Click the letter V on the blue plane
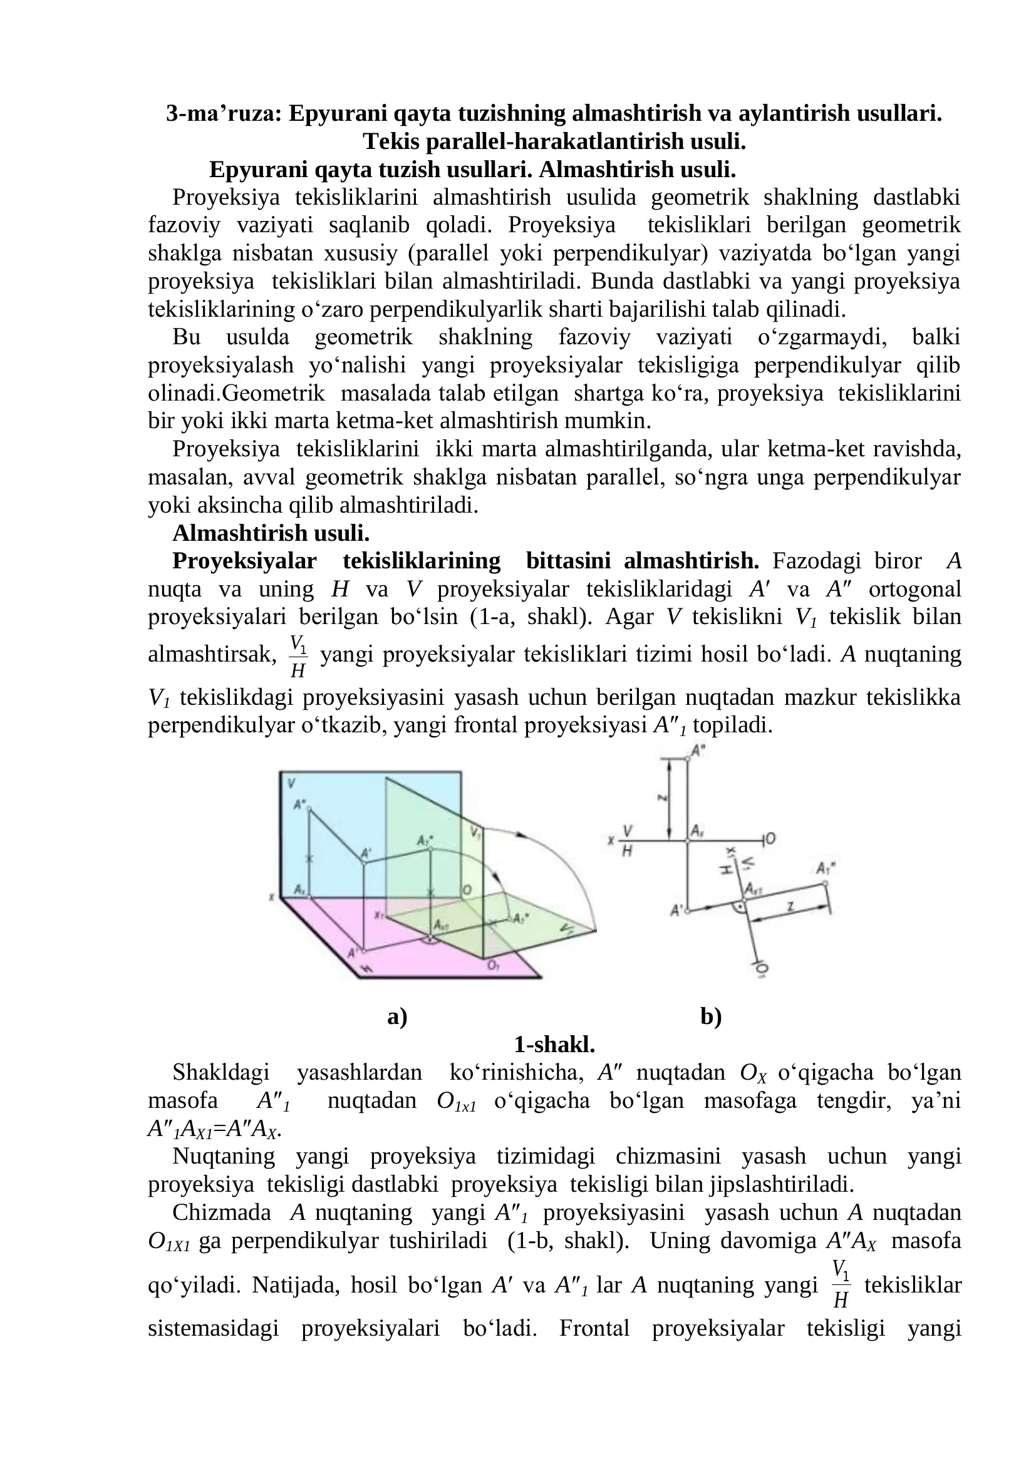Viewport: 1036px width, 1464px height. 291,783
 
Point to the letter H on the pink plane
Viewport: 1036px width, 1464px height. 366,967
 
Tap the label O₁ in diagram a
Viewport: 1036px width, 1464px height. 493,965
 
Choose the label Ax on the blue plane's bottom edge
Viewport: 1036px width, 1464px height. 300,889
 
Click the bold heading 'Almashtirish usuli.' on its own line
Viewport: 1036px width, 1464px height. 271,533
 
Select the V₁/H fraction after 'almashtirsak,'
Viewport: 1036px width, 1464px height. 298,656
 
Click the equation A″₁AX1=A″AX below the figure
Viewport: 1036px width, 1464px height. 214,1129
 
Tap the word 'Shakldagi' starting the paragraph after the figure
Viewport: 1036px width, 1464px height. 220,1073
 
